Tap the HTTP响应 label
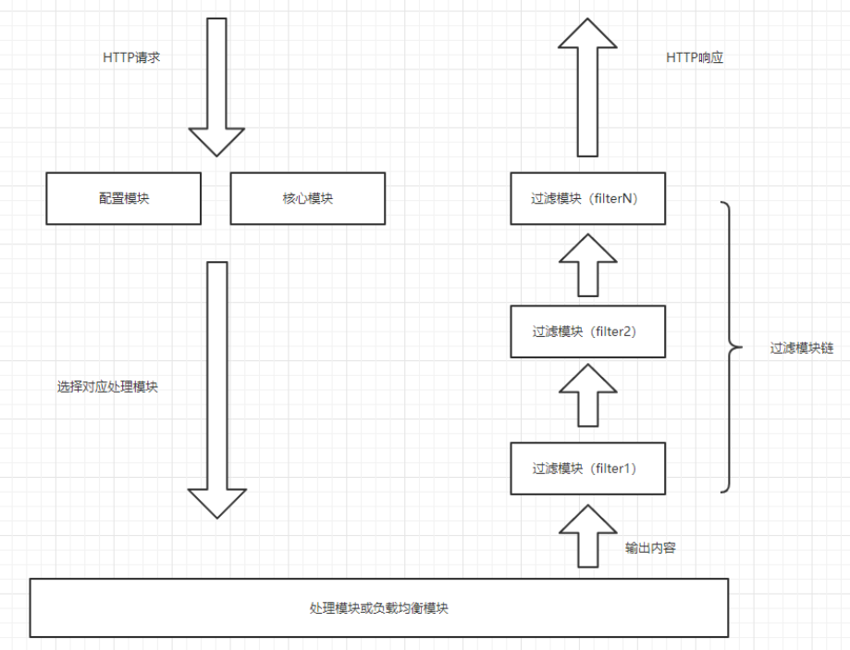(x=694, y=57)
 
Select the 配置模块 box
(x=123, y=198)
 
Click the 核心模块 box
(x=307, y=198)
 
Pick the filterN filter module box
(x=587, y=198)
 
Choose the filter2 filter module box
(x=587, y=331)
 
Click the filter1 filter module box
(x=587, y=469)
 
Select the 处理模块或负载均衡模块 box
(x=378, y=608)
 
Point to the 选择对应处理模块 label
(x=107, y=387)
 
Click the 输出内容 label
(x=650, y=547)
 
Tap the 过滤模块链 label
(x=802, y=349)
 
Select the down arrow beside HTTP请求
(x=216, y=88)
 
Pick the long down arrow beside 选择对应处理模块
(x=216, y=389)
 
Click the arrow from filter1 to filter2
(x=587, y=394)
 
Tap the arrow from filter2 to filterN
(x=587, y=264)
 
